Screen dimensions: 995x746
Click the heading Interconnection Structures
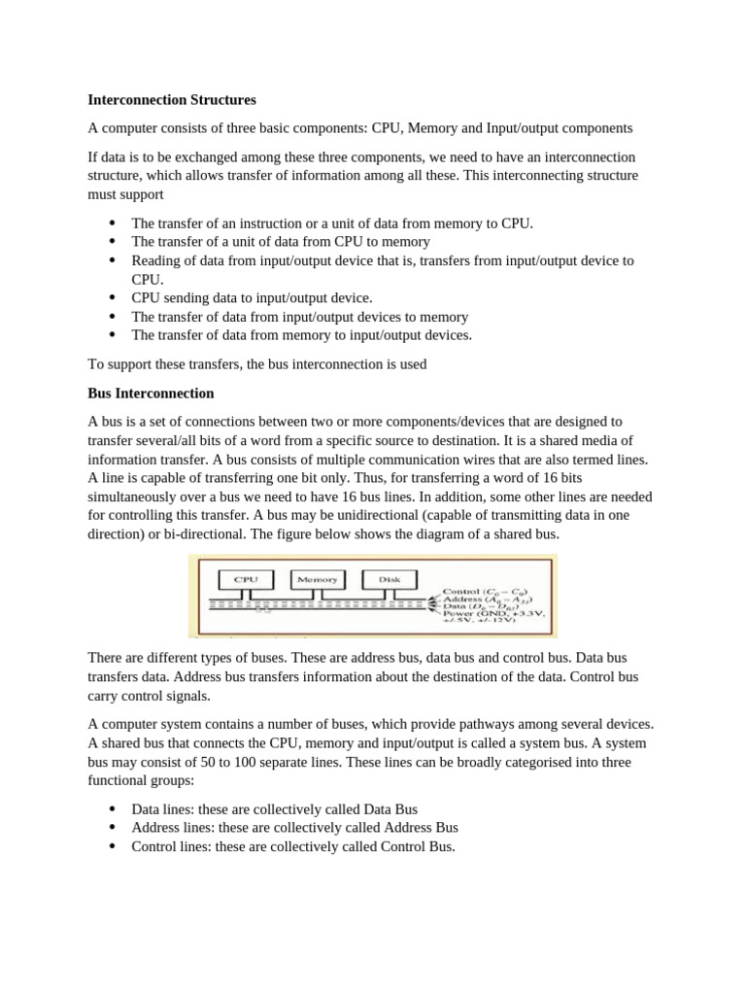(172, 99)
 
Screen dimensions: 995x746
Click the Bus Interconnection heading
(151, 394)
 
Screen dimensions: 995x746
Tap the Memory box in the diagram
(317, 579)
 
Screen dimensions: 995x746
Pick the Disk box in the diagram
(389, 579)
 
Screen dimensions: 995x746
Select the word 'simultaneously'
(136, 497)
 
